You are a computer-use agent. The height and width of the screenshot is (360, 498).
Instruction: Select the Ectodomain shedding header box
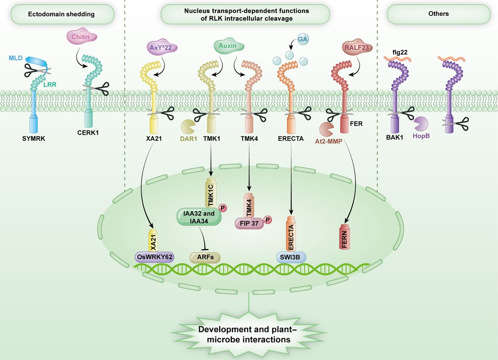tap(61, 14)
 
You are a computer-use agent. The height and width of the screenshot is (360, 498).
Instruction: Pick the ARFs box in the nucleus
tap(205, 257)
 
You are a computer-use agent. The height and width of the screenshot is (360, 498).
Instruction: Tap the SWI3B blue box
tap(291, 257)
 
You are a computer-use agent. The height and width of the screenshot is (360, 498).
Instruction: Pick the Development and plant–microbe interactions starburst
tap(249, 334)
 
